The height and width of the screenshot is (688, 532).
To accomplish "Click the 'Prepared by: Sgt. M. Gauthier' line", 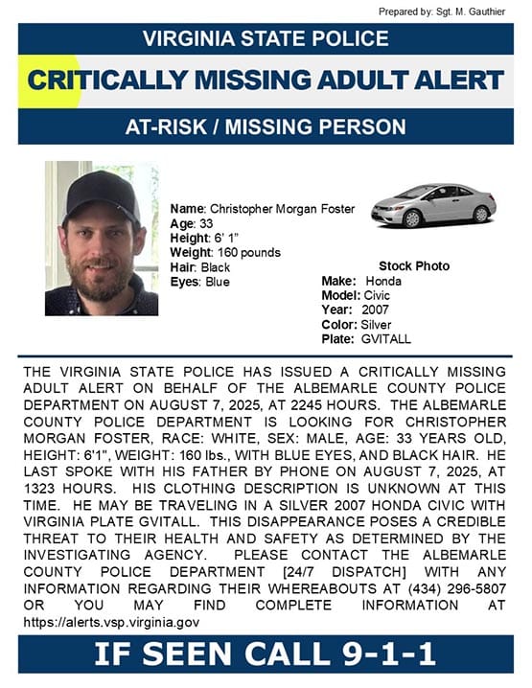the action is (x=442, y=11).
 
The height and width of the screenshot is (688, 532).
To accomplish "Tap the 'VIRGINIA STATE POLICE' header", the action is (x=266, y=39).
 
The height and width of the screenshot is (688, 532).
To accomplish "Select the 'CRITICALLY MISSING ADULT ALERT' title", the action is (x=266, y=80).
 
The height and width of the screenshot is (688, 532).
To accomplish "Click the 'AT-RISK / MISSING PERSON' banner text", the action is (x=266, y=126).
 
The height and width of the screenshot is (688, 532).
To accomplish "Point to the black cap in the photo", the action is (x=101, y=186).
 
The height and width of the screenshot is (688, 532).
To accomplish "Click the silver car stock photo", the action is (x=433, y=204).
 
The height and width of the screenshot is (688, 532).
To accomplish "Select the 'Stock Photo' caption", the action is (x=414, y=265).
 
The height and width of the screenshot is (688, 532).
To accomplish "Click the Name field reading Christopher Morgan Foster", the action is (x=262, y=209).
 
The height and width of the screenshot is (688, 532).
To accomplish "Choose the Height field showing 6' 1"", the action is (x=205, y=238).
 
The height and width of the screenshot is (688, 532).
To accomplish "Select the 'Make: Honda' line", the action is (x=361, y=282).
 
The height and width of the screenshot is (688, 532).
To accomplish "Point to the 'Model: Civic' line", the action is (x=357, y=296).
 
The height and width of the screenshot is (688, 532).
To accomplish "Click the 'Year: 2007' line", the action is (x=354, y=310).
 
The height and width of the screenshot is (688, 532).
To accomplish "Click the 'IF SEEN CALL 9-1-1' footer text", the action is (x=266, y=655).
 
